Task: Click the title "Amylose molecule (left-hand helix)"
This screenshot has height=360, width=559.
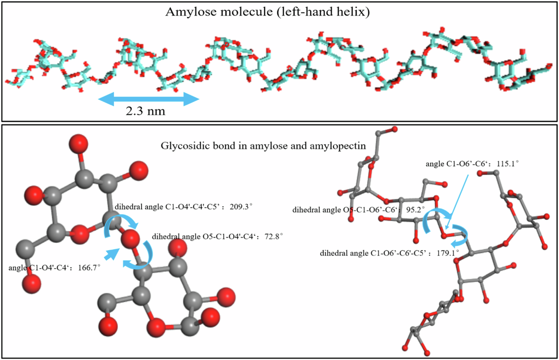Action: tap(267, 13)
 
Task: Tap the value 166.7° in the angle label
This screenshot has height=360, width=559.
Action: tap(86, 268)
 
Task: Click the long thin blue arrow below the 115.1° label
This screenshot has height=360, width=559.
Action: tap(468, 200)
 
